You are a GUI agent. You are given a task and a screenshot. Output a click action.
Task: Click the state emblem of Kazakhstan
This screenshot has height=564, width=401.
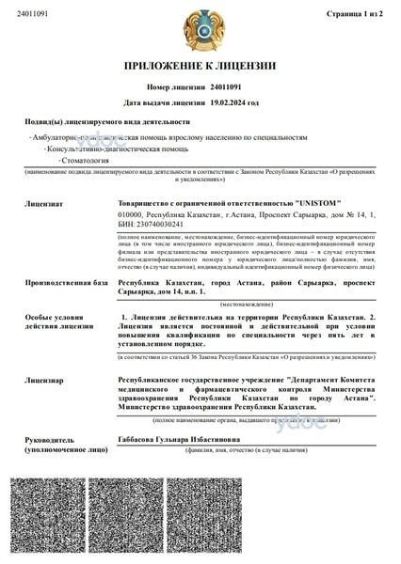tap(200, 28)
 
